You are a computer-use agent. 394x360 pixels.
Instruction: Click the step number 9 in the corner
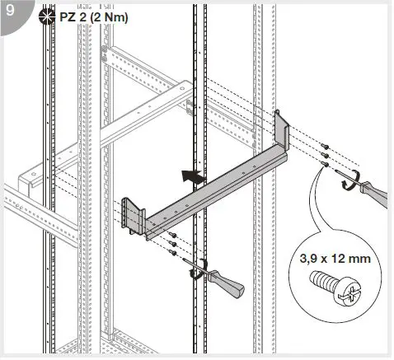pos(10,12)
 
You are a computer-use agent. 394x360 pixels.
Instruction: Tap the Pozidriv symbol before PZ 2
pos(48,16)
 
